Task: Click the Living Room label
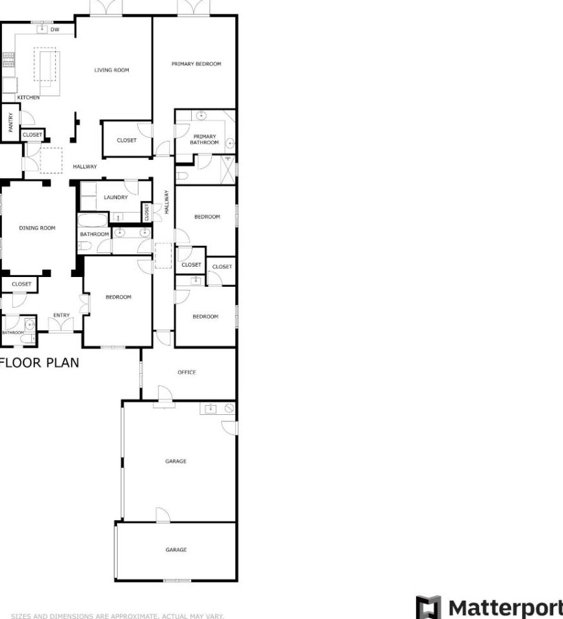pyautogui.click(x=111, y=70)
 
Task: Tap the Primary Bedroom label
pyautogui.click(x=196, y=64)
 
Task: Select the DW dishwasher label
pyautogui.click(x=55, y=30)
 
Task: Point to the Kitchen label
pyautogui.click(x=28, y=98)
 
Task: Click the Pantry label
pyautogui.click(x=10, y=122)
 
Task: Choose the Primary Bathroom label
pyautogui.click(x=204, y=139)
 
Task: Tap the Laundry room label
pyautogui.click(x=116, y=197)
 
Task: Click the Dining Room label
pyautogui.click(x=37, y=228)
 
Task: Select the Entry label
pyautogui.click(x=61, y=315)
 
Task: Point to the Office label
pyautogui.click(x=187, y=373)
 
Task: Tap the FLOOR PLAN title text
pyautogui.click(x=40, y=363)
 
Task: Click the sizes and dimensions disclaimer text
pyautogui.click(x=117, y=615)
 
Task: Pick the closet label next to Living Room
pyautogui.click(x=127, y=140)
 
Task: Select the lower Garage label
pyautogui.click(x=176, y=550)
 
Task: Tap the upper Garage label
pyautogui.click(x=176, y=462)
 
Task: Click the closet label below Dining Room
pyautogui.click(x=21, y=284)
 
